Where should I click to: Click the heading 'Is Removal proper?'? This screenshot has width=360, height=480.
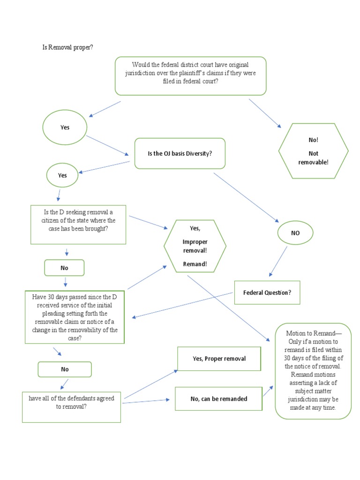click(x=68, y=48)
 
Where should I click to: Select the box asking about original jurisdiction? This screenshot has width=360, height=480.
click(x=190, y=76)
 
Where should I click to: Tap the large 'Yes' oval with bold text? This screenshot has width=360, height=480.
click(x=65, y=127)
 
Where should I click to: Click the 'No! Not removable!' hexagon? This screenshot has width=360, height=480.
click(x=313, y=151)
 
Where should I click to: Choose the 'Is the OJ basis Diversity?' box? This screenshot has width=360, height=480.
click(x=180, y=153)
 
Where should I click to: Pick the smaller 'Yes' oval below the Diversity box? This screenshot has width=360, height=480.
click(x=62, y=175)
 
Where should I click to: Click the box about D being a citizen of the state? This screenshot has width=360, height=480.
click(x=78, y=225)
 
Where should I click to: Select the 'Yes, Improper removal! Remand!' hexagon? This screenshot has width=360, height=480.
click(x=195, y=246)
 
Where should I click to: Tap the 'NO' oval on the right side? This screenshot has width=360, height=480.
click(x=295, y=233)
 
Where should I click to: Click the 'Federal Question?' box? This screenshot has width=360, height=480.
click(x=267, y=292)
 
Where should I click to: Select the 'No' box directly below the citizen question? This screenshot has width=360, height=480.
click(x=64, y=268)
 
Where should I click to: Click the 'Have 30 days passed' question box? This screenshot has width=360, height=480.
click(x=75, y=317)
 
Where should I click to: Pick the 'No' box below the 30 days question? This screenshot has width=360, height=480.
click(x=65, y=369)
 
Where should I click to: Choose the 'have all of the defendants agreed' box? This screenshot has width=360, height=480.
click(x=71, y=403)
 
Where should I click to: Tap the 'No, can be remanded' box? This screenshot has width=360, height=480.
click(x=218, y=399)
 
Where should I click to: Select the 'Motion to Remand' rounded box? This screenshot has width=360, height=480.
click(x=313, y=370)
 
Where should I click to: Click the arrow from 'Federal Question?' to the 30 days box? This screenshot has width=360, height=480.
click(x=183, y=305)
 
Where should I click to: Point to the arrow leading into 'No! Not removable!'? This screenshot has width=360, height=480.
click(x=265, y=113)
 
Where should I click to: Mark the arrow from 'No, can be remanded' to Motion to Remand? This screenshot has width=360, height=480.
click(x=268, y=391)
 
